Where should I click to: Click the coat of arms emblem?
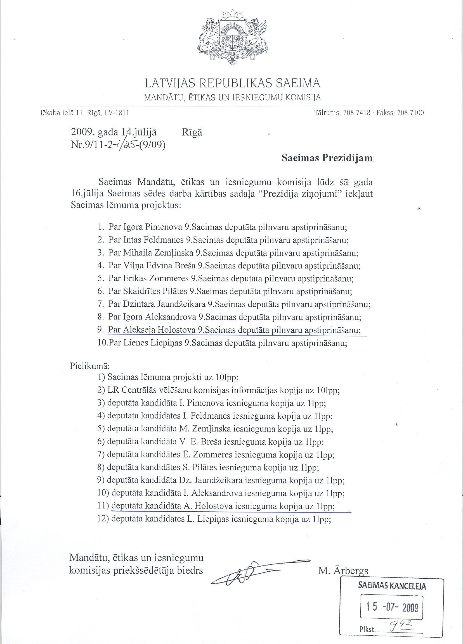(x=232, y=40)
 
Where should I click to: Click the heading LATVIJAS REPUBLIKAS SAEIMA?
(x=233, y=83)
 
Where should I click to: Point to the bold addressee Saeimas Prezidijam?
(x=327, y=158)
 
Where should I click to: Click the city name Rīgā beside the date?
(x=192, y=132)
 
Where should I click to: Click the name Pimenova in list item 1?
(x=164, y=227)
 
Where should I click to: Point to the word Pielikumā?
(x=90, y=366)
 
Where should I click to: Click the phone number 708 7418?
(x=356, y=113)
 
